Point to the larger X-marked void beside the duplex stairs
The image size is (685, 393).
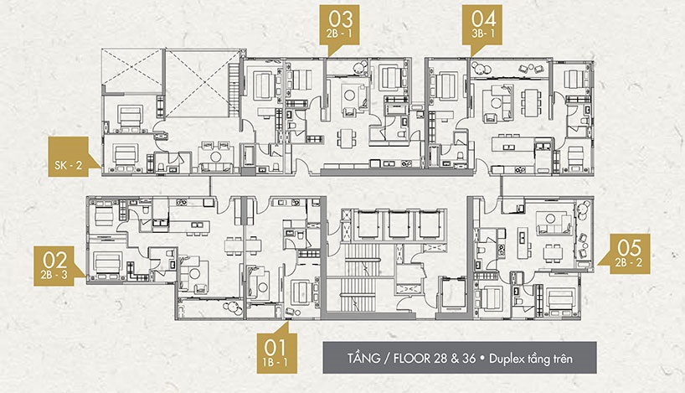pyautogui.click(x=196, y=85)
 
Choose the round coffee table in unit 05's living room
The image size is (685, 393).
pyautogui.click(x=553, y=249)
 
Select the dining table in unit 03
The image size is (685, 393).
pyautogui.click(x=342, y=138)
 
